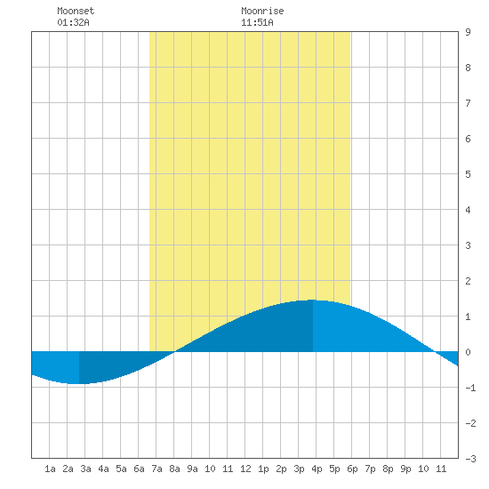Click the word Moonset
click(x=76, y=11)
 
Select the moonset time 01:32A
click(x=73, y=22)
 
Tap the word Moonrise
click(x=262, y=11)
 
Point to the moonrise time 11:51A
click(x=257, y=22)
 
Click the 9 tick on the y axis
click(x=468, y=32)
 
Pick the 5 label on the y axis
click(x=468, y=174)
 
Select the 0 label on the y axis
click(x=468, y=352)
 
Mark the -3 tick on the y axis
click(x=470, y=459)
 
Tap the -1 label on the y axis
click(x=470, y=388)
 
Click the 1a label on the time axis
click(x=50, y=469)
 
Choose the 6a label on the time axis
click(x=139, y=469)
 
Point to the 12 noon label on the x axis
click(x=245, y=469)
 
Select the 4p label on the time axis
click(x=317, y=469)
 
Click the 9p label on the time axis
click(x=405, y=469)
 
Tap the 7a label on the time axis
click(x=156, y=469)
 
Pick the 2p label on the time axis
click(x=281, y=469)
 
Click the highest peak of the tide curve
click(x=313, y=300)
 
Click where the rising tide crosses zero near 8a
click(x=174, y=352)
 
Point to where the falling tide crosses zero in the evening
click(x=435, y=352)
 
